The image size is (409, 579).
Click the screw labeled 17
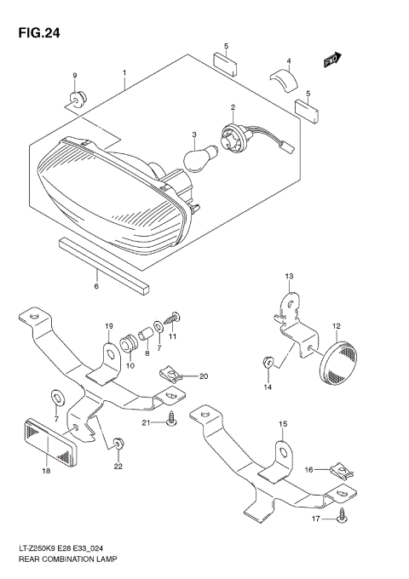click(x=340, y=514)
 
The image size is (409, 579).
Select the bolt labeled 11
click(x=176, y=318)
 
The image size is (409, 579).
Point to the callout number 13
click(x=289, y=277)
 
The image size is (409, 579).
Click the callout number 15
click(x=283, y=423)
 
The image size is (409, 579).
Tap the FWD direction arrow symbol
click(x=332, y=60)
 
